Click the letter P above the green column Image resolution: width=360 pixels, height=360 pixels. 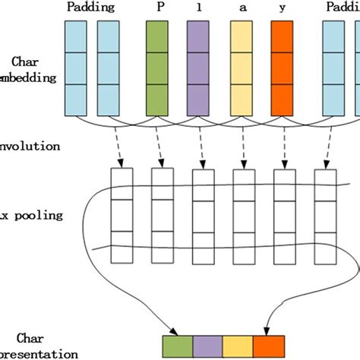pos(159,8)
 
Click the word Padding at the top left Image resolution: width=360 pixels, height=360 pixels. pos(90,8)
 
